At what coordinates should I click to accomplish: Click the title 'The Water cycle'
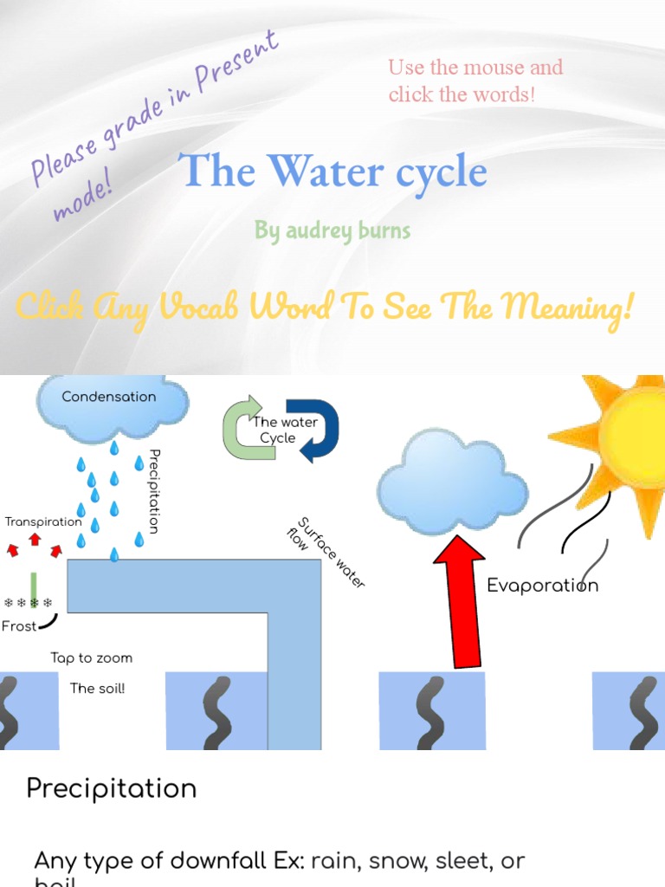333,172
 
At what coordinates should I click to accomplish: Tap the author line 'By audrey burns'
332,230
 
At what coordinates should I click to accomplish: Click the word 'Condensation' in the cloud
109,397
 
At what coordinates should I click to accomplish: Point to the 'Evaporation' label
542,586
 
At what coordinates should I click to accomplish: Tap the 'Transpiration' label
43,521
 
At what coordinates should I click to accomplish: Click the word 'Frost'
19,626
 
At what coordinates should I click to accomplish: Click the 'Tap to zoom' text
91,658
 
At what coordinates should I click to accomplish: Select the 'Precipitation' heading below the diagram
112,789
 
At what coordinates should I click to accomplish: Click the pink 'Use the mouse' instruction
475,81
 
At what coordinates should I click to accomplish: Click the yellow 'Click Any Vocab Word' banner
325,306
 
